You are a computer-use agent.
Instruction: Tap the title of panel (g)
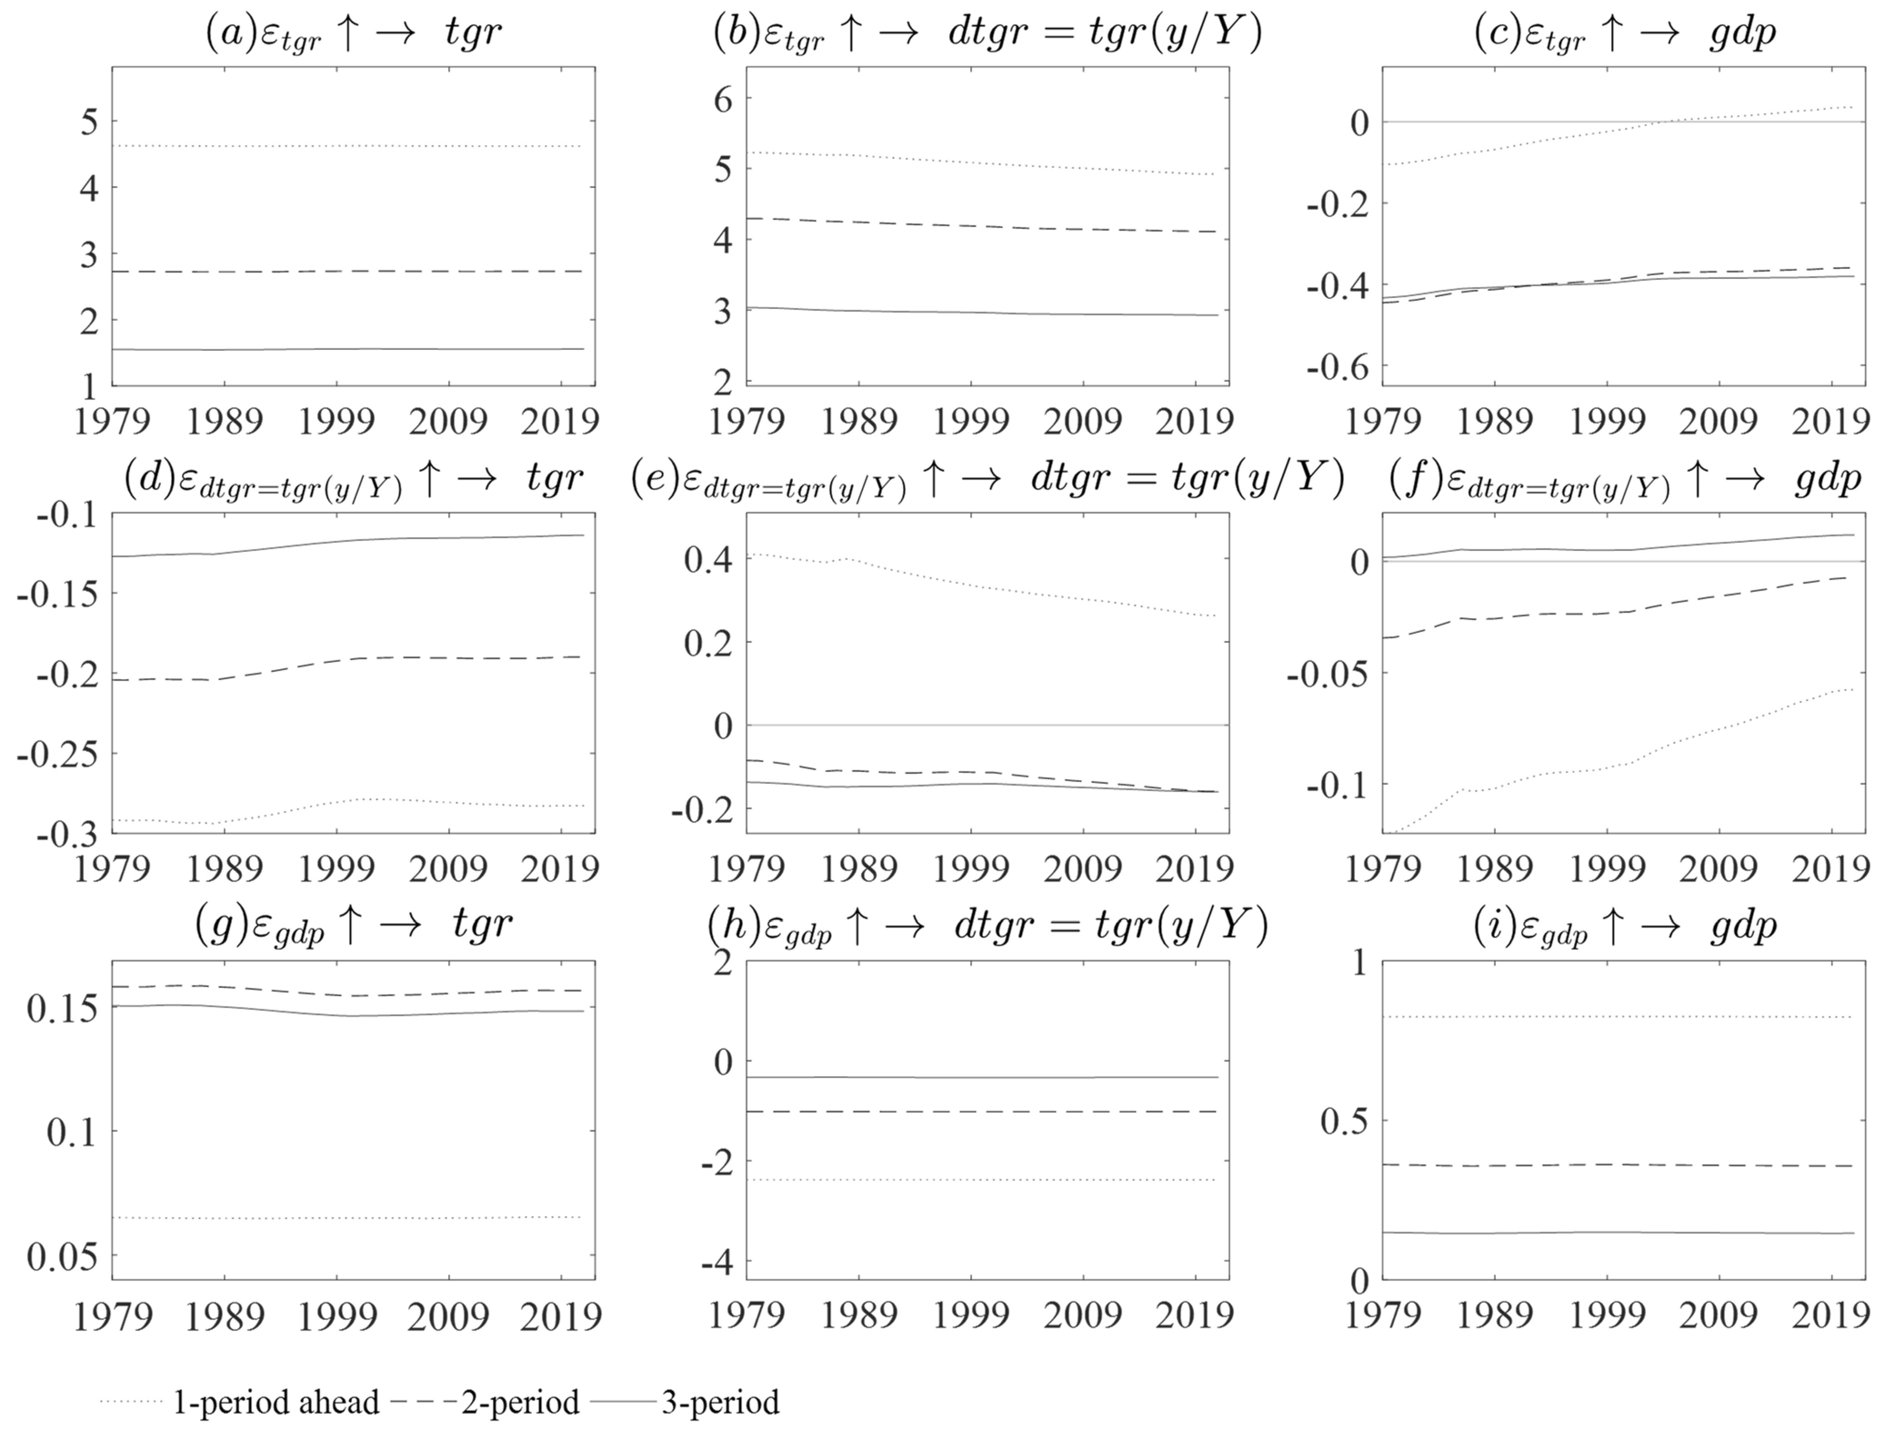point(353,925)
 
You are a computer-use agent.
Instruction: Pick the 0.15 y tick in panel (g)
point(61,1009)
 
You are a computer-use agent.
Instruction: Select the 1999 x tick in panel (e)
point(972,869)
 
